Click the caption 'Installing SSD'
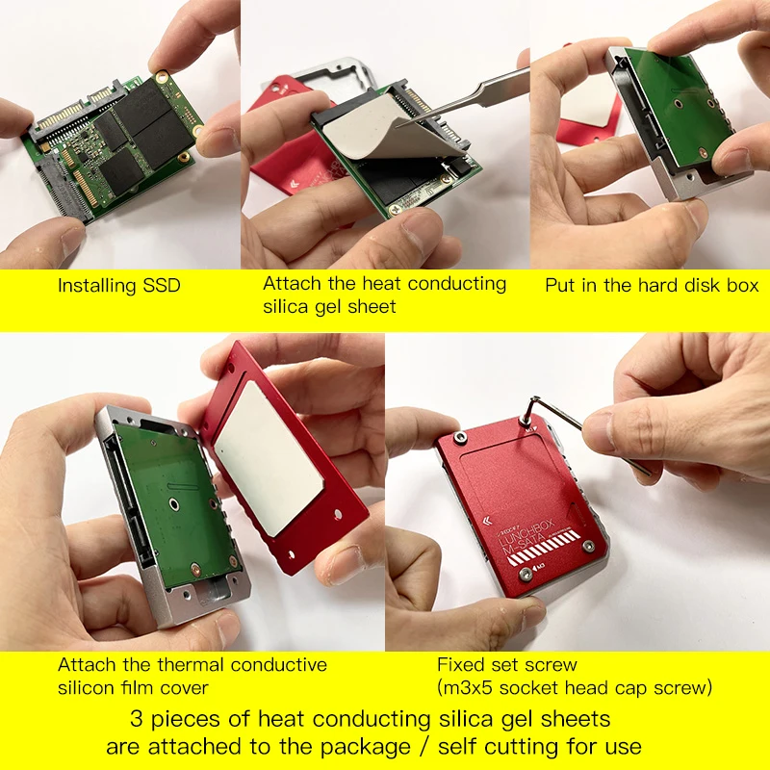coord(118,286)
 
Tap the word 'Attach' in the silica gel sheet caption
coord(293,284)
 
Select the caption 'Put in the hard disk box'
coord(652,286)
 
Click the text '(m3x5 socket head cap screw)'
coord(575,687)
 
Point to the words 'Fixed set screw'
coord(506,664)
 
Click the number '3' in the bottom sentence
coord(136,719)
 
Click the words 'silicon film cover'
coord(133,688)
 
